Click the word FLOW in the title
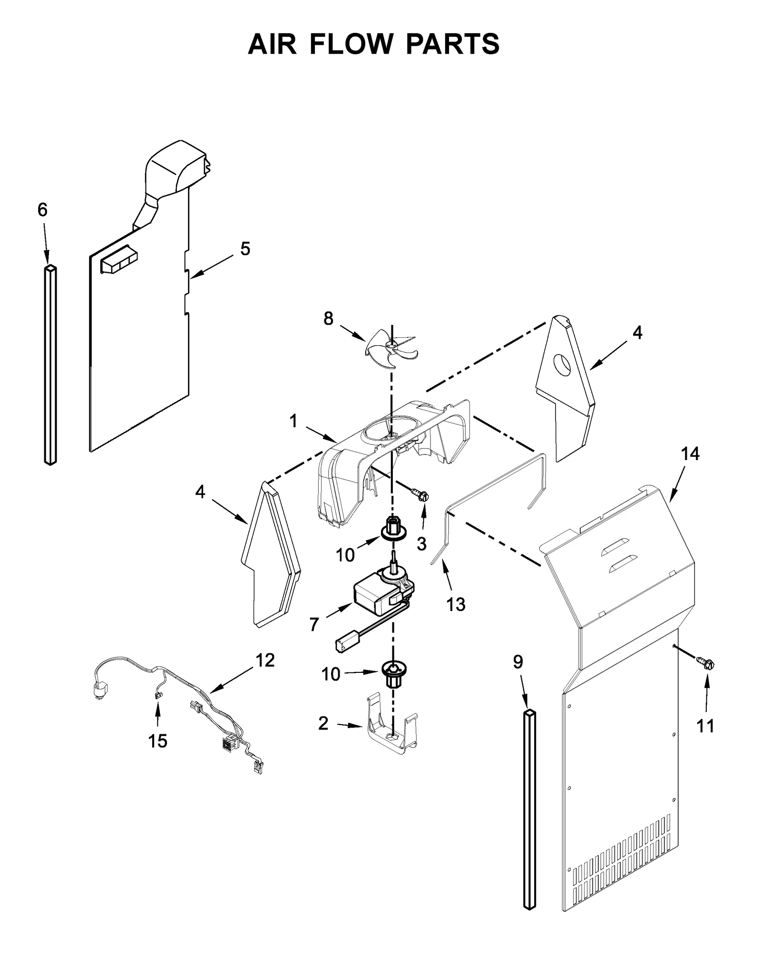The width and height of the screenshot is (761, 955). tap(351, 44)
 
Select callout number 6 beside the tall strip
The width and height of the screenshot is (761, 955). tap(42, 209)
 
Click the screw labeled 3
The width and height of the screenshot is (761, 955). tap(420, 495)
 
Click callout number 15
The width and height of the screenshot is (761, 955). tap(158, 741)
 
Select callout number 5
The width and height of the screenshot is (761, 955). tap(245, 248)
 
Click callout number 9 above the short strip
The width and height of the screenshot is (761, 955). tap(518, 661)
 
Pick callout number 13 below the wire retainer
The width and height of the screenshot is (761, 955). tap(456, 604)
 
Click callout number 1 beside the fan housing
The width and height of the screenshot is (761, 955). tap(293, 421)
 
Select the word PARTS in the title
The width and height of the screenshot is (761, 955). tap(452, 44)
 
